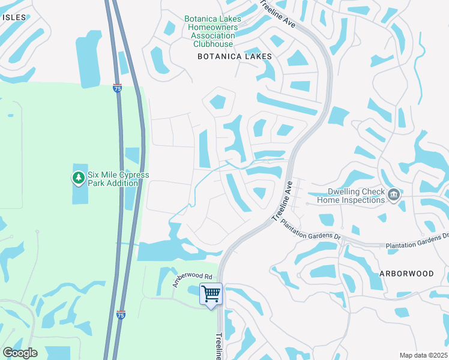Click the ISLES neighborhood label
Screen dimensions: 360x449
tap(14, 17)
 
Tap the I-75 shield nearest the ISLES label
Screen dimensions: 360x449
tap(117, 88)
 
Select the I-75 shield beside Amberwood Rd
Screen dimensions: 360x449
tap(121, 314)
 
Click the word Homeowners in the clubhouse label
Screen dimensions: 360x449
tap(213, 27)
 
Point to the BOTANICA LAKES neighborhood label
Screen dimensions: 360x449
tap(235, 56)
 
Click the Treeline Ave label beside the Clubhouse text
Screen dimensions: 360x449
tap(278, 13)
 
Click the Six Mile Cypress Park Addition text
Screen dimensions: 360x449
tap(118, 179)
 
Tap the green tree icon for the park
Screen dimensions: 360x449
tap(78, 178)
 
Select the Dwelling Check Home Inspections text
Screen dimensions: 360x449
tap(351, 196)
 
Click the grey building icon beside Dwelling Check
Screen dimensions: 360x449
tap(394, 194)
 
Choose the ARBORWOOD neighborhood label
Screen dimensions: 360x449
tap(406, 273)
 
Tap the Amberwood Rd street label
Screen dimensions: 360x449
tap(193, 280)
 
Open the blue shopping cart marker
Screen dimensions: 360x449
tap(211, 294)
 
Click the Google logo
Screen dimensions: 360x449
tap(20, 353)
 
